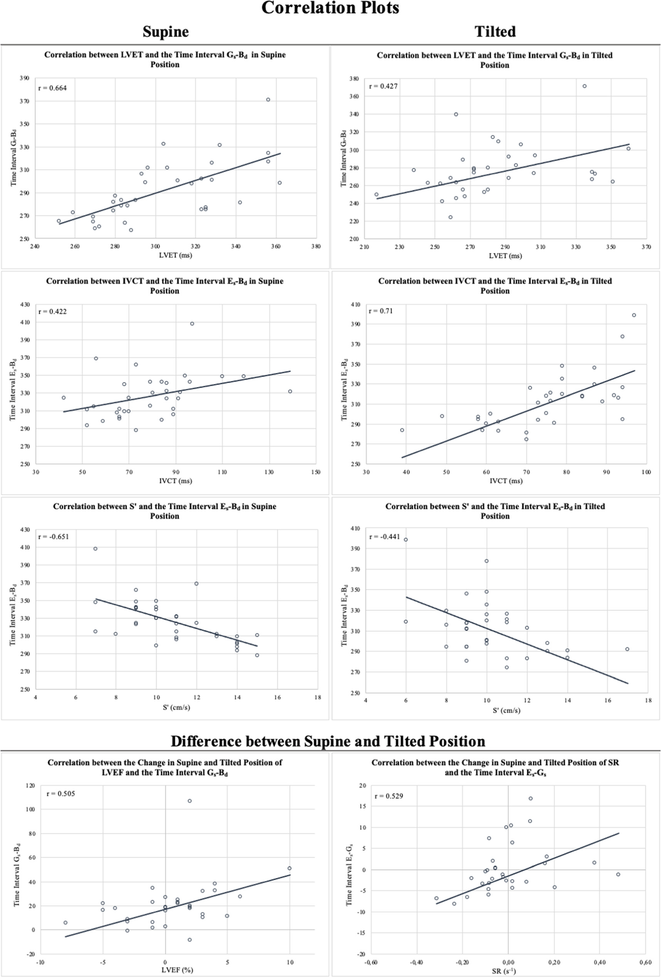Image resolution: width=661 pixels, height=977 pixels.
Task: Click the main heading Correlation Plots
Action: [x=330, y=8]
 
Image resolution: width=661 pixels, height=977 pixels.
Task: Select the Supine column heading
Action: [x=165, y=32]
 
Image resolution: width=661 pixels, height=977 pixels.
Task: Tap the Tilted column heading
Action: [x=495, y=32]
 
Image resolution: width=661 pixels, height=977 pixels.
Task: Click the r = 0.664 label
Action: [x=52, y=88]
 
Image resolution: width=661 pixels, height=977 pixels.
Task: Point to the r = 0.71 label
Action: [x=381, y=311]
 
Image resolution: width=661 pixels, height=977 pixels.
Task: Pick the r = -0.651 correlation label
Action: [x=54, y=537]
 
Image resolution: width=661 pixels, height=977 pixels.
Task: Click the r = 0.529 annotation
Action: [x=389, y=796]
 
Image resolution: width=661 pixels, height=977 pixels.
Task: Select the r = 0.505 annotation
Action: [x=61, y=794]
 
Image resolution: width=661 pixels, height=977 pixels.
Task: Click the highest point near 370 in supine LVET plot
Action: [x=268, y=100]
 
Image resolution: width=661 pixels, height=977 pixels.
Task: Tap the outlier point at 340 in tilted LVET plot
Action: [x=456, y=114]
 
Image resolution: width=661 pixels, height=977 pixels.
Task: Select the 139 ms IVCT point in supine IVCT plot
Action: [x=290, y=391]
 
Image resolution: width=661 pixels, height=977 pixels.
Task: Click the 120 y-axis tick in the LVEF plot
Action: [x=30, y=785]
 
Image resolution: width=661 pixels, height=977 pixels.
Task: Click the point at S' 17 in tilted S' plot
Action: [x=627, y=649]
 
